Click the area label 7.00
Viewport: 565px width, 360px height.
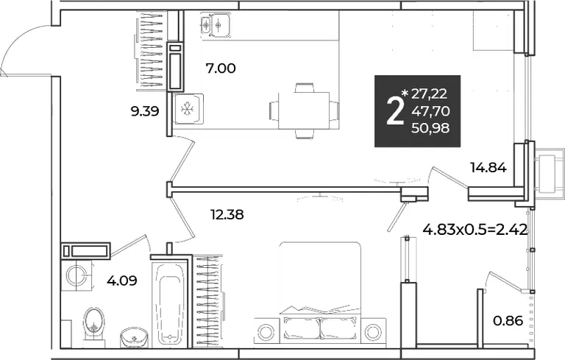[221, 68]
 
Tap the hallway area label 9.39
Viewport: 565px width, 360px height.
[145, 111]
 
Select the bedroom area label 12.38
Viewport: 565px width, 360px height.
[227, 215]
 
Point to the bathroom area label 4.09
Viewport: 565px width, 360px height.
[122, 280]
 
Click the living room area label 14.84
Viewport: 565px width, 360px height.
[488, 167]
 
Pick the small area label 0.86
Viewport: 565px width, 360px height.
[508, 320]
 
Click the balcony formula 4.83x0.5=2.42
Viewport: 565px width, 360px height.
[475, 229]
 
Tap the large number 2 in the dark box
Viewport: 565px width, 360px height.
[394, 112]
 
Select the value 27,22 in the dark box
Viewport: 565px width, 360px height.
[429, 93]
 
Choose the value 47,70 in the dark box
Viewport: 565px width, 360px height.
[431, 111]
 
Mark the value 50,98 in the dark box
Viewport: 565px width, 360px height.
[431, 127]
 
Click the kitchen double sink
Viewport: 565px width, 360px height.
[216, 24]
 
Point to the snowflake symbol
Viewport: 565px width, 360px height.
[187, 108]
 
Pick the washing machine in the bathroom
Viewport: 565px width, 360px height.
[77, 275]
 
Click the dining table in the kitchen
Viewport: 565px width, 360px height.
[304, 110]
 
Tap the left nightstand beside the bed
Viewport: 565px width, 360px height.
[266, 331]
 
